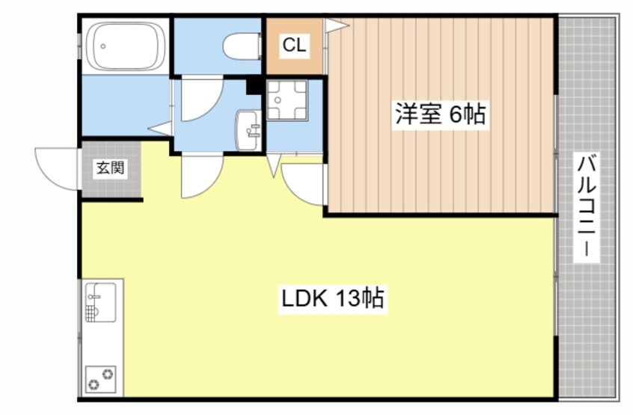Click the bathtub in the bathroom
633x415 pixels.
125,46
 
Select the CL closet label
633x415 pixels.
293,46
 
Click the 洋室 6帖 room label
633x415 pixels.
440,115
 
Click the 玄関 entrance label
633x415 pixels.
109,168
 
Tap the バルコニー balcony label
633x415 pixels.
587,206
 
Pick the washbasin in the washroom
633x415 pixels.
248,130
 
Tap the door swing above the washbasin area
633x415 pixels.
198,101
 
